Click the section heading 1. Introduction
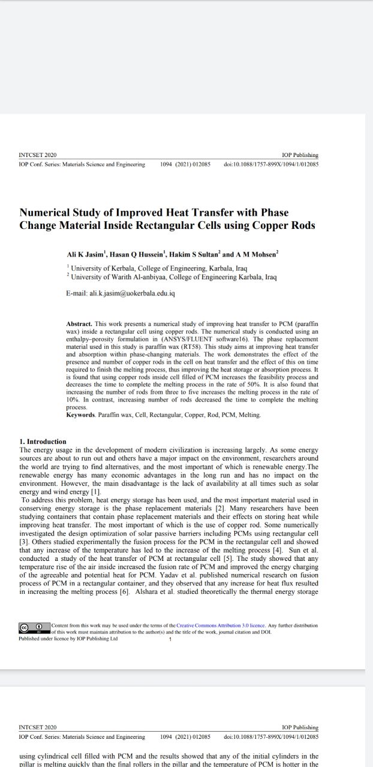pos(43,442)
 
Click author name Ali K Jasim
pos(86,255)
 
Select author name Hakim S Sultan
pos(195,255)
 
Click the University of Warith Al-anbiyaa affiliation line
pos(174,277)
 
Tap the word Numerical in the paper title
pos(49,213)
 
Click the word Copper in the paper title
pos(269,226)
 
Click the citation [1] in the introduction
pos(95,492)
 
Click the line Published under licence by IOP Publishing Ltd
pos(68,639)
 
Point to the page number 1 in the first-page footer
pos(170,639)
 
